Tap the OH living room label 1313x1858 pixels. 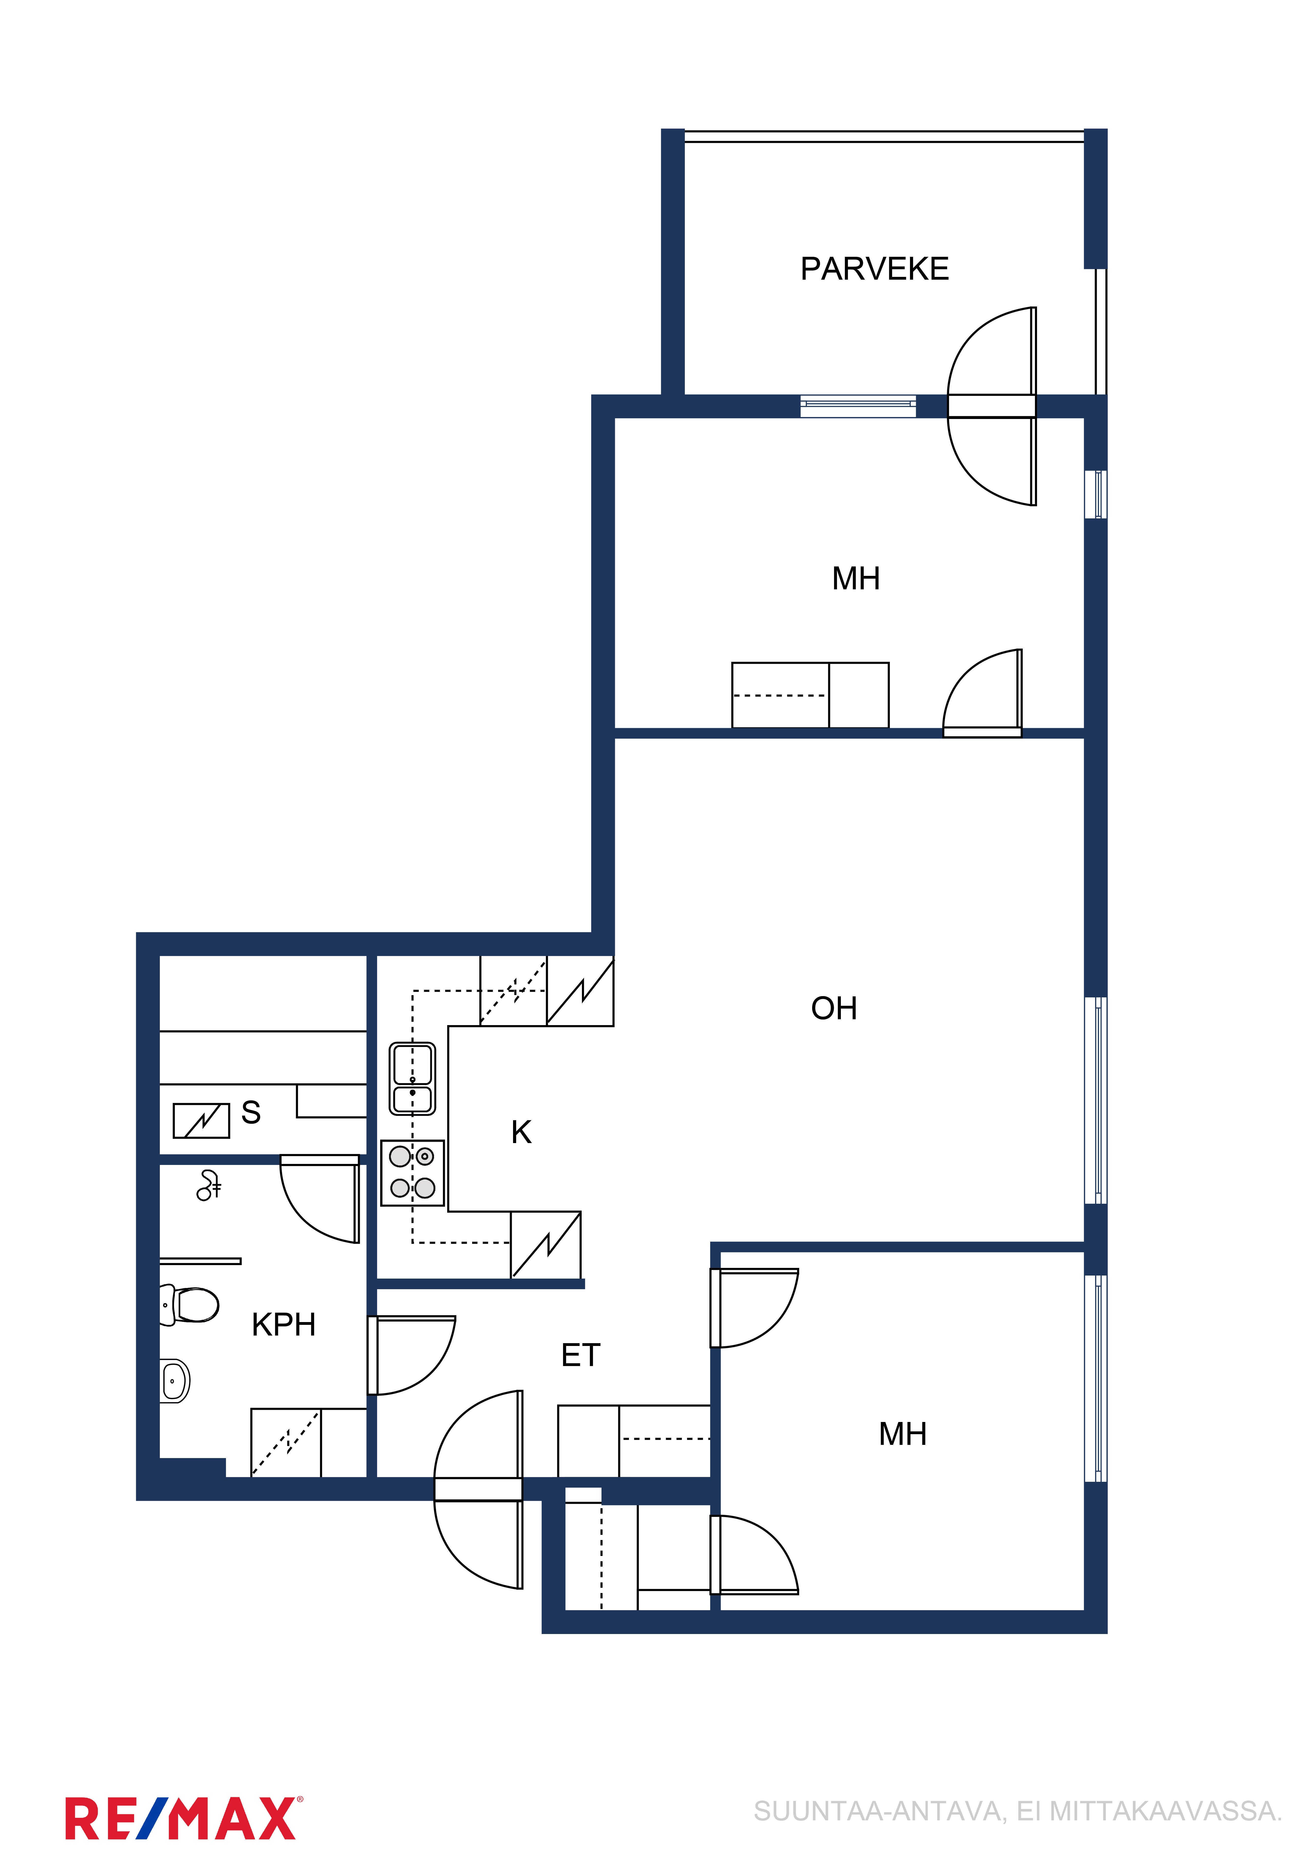(x=834, y=1008)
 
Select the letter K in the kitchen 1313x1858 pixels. (x=522, y=1132)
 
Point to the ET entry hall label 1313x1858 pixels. (x=581, y=1355)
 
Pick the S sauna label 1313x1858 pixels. (x=251, y=1113)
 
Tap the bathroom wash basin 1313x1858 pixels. (x=175, y=1381)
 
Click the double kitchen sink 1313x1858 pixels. (x=413, y=1079)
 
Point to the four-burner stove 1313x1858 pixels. (x=413, y=1173)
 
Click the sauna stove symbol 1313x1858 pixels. (x=202, y=1121)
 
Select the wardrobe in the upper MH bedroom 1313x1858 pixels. (x=810, y=695)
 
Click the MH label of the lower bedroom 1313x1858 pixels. (x=903, y=1434)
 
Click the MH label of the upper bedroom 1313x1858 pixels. (x=856, y=579)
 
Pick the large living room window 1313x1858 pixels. (x=1096, y=1101)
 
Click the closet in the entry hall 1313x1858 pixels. (x=634, y=1441)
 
